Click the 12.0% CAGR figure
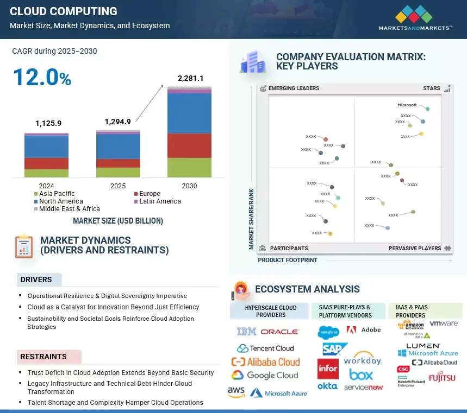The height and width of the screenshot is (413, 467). point(42,77)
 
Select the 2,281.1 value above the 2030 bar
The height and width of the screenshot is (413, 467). point(190,79)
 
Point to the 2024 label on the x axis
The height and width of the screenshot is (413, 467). point(46,186)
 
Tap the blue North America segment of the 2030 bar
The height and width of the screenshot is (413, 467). point(189,113)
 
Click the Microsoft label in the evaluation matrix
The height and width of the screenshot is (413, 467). point(407,105)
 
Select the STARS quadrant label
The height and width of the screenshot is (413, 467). point(432,88)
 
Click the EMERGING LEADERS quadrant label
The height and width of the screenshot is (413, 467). point(294,88)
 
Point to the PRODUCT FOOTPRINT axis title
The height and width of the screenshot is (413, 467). point(288,260)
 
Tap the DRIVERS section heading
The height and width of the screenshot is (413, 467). point(36,280)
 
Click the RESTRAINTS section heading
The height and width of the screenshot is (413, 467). point(43,357)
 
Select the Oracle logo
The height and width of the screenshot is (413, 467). point(279,332)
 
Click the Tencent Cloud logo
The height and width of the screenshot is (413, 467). point(265,348)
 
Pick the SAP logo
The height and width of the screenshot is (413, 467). point(332,348)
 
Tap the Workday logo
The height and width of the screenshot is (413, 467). point(363,360)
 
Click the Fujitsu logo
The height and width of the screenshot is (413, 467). point(442,378)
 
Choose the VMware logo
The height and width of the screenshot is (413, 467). point(444,323)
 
